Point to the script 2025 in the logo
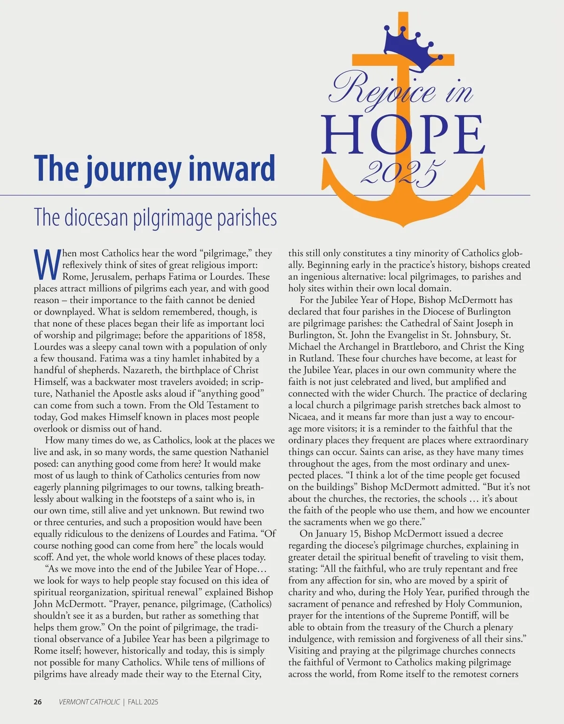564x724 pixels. point(403,173)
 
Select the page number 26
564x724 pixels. point(38,702)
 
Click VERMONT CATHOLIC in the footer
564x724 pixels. point(89,702)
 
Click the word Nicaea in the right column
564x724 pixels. point(304,417)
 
